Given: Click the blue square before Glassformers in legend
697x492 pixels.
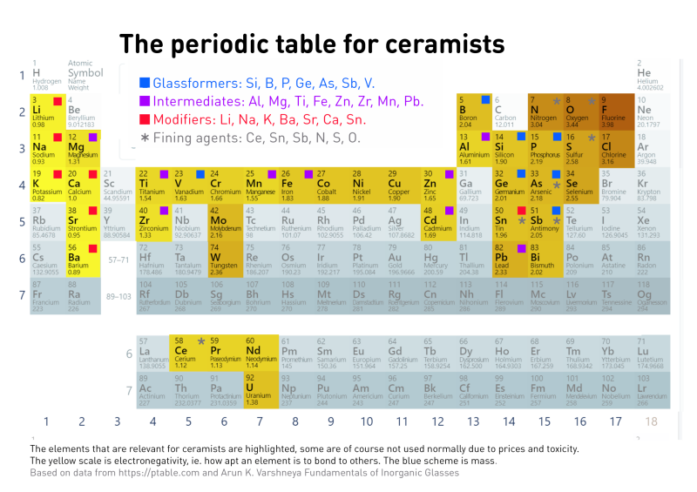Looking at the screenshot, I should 145,84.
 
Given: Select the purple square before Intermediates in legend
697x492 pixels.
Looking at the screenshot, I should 145,102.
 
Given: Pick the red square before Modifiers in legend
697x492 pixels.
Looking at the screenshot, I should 145,119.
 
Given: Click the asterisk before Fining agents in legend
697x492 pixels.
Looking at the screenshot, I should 145,138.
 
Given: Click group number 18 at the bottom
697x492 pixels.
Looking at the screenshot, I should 649,422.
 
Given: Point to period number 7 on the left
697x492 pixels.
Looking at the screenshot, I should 23,295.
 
